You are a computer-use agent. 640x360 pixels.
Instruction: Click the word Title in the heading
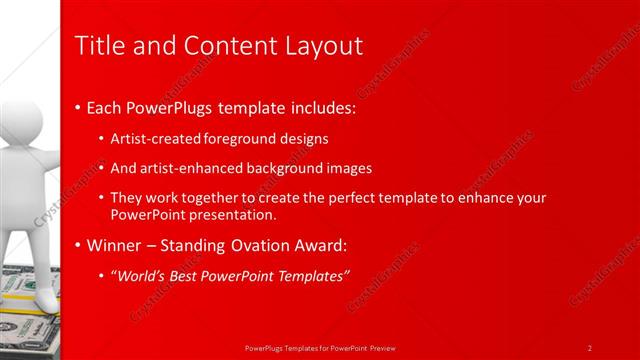[x=98, y=46]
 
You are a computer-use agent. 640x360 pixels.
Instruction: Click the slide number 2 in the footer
[x=590, y=347]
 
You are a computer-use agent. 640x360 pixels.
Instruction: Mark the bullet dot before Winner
[x=79, y=246]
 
